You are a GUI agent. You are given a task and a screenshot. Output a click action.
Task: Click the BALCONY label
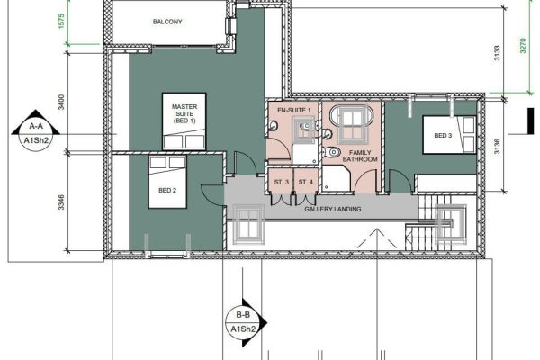coord(167,22)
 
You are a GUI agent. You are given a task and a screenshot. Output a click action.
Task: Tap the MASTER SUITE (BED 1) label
coord(184,113)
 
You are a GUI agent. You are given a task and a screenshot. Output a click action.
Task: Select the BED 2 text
coord(167,190)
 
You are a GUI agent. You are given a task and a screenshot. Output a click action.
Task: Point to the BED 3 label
coord(443,136)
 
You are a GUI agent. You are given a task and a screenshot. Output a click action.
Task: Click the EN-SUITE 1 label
coord(294,110)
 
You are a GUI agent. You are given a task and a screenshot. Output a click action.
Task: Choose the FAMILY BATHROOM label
coord(360,156)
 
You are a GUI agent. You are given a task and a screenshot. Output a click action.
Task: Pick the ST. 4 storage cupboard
coord(305,181)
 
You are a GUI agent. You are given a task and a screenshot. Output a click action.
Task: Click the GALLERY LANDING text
coord(333,209)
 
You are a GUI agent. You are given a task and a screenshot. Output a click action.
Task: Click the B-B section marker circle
coord(243,323)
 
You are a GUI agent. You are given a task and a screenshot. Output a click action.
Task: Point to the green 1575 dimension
coord(61,21)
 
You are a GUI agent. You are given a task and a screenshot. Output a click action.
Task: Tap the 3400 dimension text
coord(61,103)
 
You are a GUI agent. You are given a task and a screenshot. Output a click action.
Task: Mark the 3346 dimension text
coord(61,202)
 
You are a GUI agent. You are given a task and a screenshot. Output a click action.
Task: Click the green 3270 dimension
coord(523,46)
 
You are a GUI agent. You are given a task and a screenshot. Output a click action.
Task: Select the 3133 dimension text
coord(497,53)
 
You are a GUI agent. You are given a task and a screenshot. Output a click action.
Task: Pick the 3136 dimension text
coord(497,146)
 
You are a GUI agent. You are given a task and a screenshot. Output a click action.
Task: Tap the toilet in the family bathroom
coord(331,151)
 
